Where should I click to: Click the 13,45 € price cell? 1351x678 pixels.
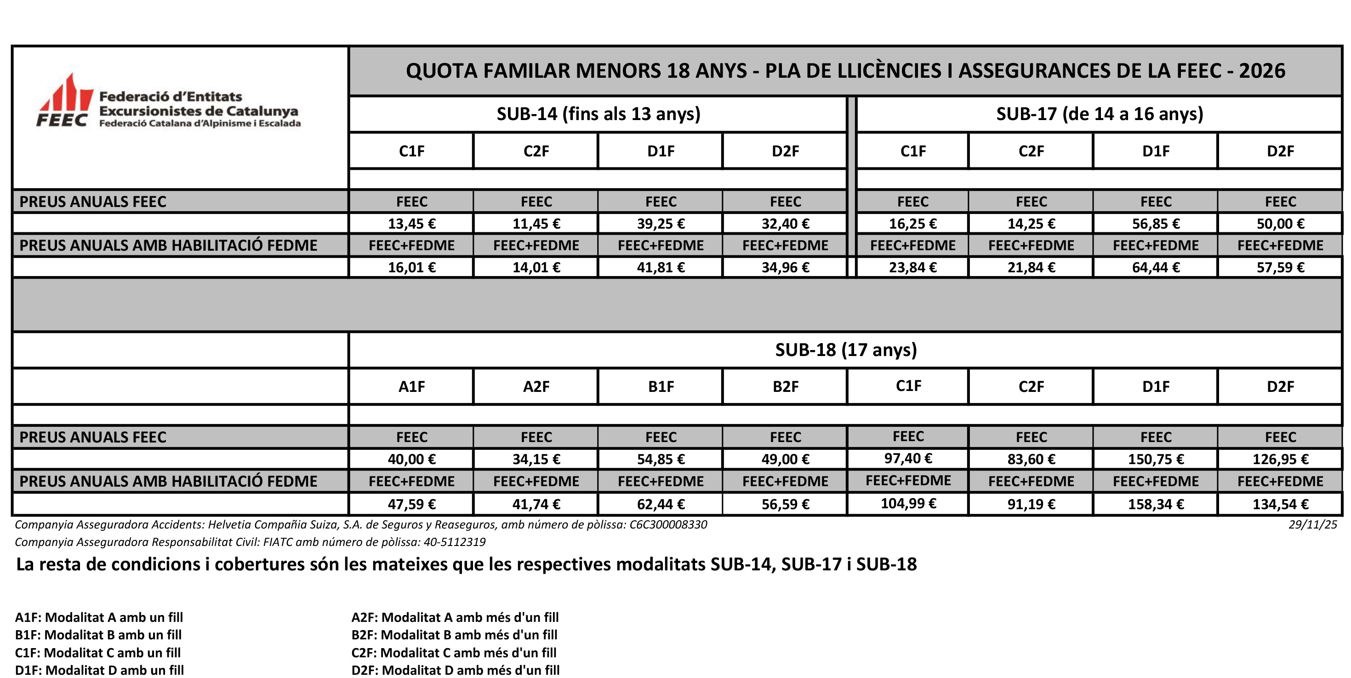412,224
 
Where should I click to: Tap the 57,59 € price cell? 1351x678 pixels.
1280,268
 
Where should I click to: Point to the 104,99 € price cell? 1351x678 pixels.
908,504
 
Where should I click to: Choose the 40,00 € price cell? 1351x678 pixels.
412,460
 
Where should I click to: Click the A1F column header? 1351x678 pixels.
412,387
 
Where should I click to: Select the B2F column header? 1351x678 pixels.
785,387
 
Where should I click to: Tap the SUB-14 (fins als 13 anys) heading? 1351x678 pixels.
599,114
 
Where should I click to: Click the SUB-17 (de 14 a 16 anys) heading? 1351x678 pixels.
1099,114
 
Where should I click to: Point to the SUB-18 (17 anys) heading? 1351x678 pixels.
845,350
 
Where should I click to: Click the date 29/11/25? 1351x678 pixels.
1313,525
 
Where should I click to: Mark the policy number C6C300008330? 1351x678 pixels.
667,525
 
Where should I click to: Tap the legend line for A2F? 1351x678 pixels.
455,618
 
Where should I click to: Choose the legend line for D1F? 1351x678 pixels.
99,670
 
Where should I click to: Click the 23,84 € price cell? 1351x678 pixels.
912,268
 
